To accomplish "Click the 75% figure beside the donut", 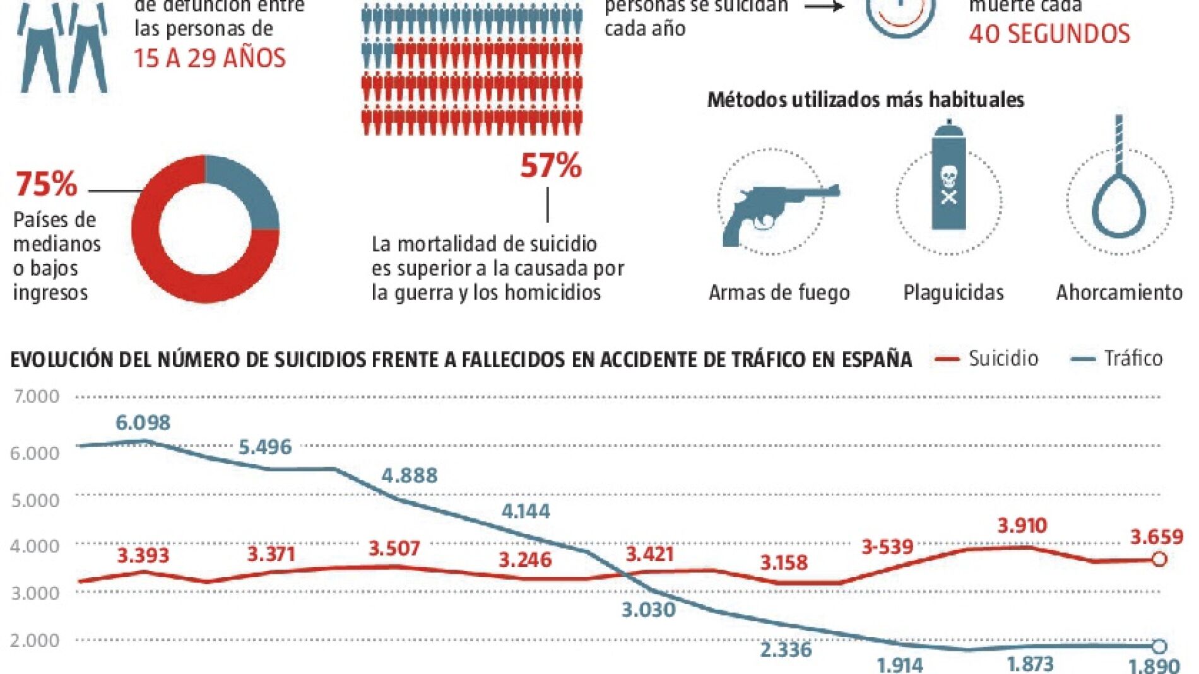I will [x=46, y=184].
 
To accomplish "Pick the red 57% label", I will [x=550, y=166].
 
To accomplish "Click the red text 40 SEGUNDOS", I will [x=1049, y=34].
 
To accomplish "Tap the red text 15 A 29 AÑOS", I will [x=210, y=58].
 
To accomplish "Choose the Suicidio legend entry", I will [x=987, y=358].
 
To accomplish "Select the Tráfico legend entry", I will [x=1118, y=358].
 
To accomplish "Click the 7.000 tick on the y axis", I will [x=36, y=397].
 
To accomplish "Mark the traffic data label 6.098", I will [x=143, y=422].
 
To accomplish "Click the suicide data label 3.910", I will [x=1022, y=525].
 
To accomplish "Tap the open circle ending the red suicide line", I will [x=1159, y=559].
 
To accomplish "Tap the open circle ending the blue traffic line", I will [x=1159, y=646].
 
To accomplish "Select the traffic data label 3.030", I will [x=648, y=610].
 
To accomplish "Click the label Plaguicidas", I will [x=953, y=293].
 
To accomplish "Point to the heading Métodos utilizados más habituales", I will [x=865, y=100].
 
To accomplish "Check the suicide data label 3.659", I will [x=1156, y=537].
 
